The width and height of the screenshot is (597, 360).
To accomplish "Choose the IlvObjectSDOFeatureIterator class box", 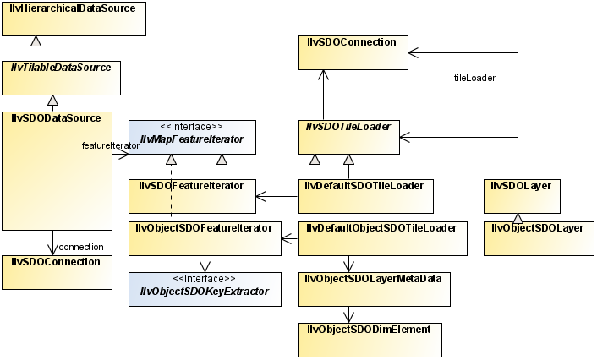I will (204, 237).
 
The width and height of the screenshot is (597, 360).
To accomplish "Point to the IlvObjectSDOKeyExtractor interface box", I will (204, 288).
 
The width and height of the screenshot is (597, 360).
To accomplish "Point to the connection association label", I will (80, 247).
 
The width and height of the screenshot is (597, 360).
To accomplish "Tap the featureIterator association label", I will (110, 146).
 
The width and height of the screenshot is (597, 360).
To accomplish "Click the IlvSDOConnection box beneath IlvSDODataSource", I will (52, 271).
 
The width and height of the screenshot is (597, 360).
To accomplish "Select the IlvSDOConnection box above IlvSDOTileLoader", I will (351, 52).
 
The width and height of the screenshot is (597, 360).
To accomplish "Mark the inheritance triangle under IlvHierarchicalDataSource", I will (35, 41).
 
